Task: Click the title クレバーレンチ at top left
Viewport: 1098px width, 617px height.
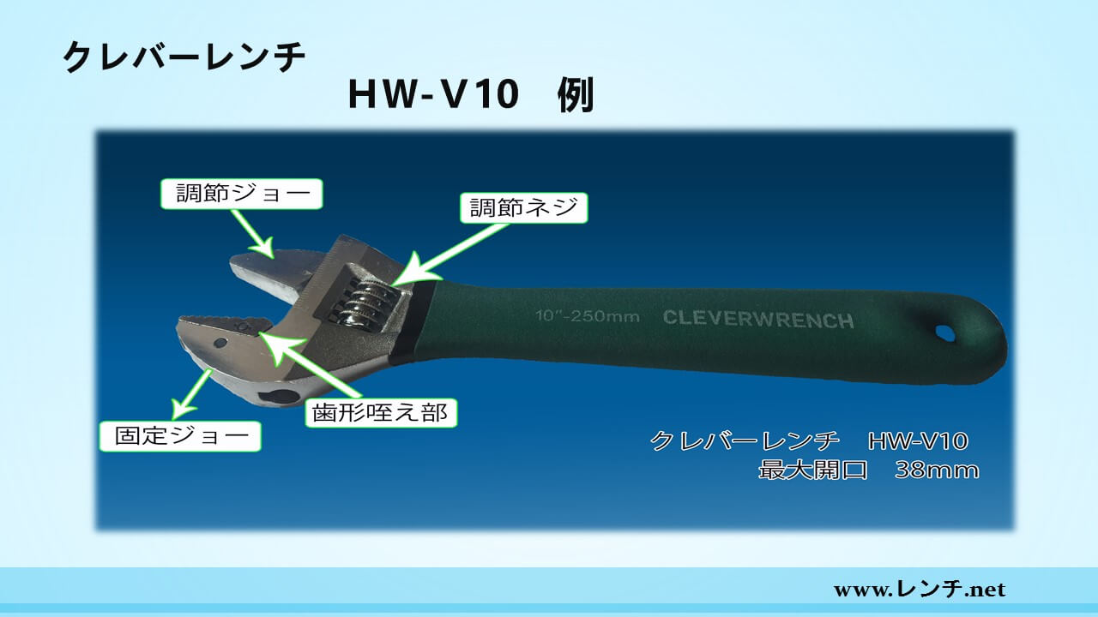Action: click(x=184, y=57)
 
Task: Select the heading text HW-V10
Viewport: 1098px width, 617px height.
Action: click(x=434, y=94)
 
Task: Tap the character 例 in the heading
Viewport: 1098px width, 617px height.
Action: click(x=576, y=95)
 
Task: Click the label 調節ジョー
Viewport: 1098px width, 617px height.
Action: click(x=242, y=194)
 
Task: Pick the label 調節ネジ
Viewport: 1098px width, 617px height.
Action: click(x=523, y=207)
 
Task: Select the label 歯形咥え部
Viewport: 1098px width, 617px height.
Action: click(x=381, y=413)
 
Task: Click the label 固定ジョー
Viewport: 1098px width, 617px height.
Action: click(x=180, y=436)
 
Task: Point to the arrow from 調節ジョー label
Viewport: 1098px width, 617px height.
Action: click(x=252, y=233)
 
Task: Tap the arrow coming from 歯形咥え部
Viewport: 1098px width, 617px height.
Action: click(x=308, y=364)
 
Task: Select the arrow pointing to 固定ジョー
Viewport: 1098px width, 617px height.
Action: click(x=191, y=395)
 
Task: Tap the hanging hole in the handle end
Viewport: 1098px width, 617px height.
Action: click(x=945, y=333)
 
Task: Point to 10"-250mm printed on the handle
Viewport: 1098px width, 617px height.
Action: click(x=588, y=316)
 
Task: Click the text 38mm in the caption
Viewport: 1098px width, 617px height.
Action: click(x=937, y=470)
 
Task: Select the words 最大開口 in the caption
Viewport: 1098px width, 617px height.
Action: click(x=813, y=470)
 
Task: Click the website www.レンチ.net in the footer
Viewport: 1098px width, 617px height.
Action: click(x=920, y=589)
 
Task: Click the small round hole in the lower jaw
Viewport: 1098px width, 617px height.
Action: click(x=220, y=342)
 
